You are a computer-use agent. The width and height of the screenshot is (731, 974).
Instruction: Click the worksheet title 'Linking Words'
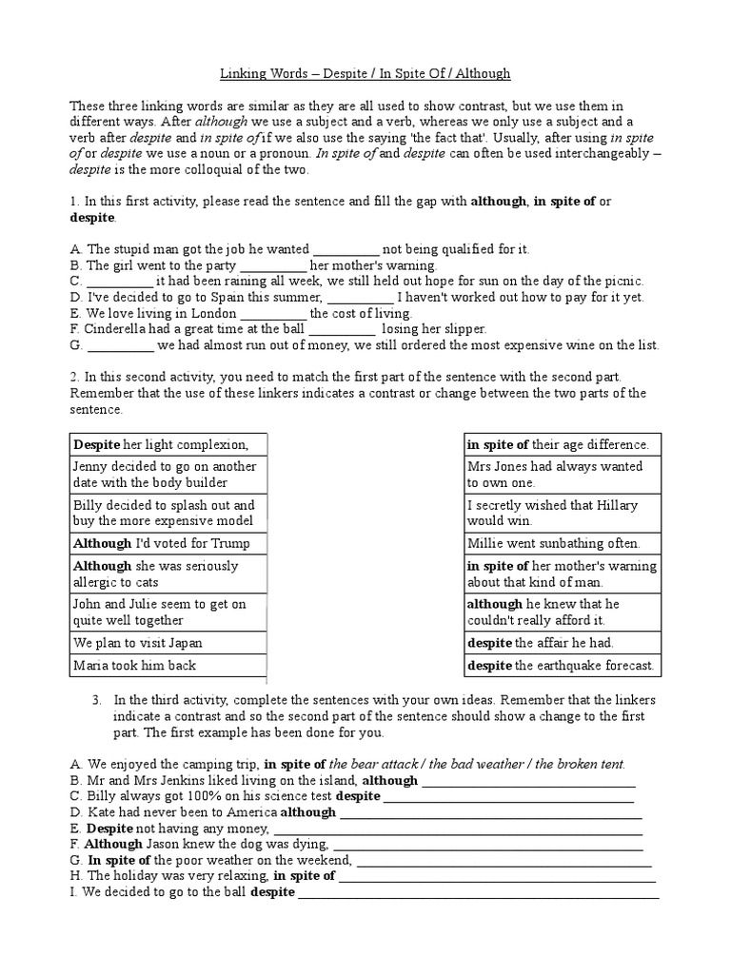[x=258, y=73]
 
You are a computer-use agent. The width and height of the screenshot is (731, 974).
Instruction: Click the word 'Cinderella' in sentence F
[x=117, y=329]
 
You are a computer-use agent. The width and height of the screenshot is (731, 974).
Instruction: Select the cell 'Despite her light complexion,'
[x=168, y=444]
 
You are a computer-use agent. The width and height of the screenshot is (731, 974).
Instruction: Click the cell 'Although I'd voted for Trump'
[x=168, y=543]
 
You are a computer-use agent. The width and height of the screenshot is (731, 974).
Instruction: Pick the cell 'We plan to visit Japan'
[x=168, y=642]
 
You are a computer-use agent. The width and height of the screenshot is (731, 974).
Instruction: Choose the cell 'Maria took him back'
[x=168, y=665]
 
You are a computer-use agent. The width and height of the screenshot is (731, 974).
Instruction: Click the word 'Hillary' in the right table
[x=617, y=505]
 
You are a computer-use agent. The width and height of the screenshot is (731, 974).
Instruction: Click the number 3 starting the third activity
[x=97, y=700]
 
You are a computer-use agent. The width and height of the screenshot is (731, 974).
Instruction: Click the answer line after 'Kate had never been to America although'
[x=490, y=814]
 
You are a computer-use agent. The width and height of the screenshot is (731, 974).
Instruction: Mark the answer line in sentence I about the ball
[x=478, y=894]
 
